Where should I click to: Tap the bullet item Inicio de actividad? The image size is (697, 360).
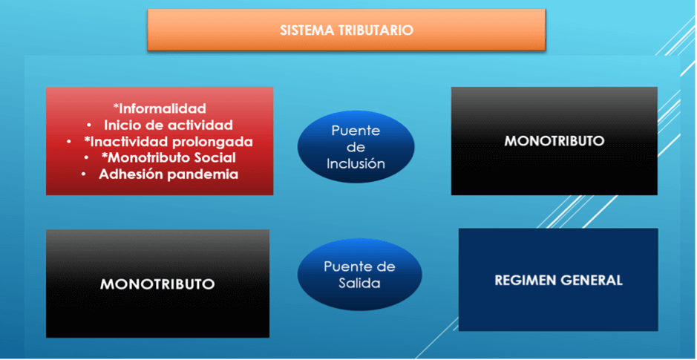click(168, 125)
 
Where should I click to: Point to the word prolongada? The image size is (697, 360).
click(215, 142)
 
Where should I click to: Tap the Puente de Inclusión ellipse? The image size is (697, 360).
click(356, 147)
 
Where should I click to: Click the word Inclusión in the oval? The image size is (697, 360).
click(356, 163)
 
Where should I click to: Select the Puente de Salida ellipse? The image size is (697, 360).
click(359, 274)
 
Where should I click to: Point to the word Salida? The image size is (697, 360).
click(359, 283)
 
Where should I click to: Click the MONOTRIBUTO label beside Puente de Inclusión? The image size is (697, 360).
click(554, 141)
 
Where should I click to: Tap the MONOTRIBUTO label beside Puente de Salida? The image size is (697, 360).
click(157, 284)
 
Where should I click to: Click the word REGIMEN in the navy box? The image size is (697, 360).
click(523, 281)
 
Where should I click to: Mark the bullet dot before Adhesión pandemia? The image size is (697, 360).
click(84, 174)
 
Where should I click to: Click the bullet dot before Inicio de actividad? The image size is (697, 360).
click(89, 125)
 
